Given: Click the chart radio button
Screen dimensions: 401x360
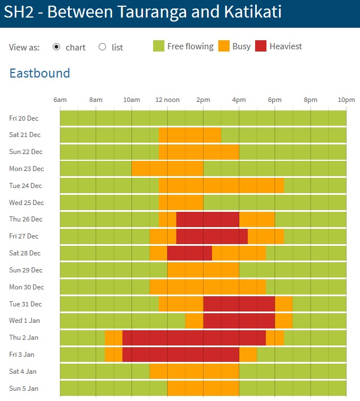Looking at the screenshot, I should coord(56,47).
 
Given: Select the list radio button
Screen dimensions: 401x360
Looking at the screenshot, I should coord(103,47).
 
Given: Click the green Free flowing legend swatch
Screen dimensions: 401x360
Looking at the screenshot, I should coord(159,46).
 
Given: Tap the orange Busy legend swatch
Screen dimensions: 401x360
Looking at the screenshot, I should coord(223,46).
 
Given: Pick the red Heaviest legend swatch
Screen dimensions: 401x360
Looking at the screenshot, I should coord(261,46).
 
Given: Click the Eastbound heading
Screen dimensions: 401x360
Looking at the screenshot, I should coord(40,73).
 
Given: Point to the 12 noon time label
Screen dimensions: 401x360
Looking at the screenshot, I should coord(167,100).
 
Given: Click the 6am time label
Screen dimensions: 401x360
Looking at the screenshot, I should coord(60,100).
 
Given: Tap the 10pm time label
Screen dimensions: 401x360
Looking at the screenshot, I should coord(346,100).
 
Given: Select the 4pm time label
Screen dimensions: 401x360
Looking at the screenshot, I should coord(239,100).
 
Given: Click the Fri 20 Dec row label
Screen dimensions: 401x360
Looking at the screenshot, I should coord(24,118).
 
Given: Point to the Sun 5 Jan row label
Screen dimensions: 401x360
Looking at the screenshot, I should coord(24,388).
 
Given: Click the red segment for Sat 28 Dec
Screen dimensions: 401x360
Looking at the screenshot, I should coord(189,253).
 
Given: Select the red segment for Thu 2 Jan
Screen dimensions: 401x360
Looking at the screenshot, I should coord(194,338).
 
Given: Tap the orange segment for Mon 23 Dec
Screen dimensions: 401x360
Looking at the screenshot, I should coord(167,169).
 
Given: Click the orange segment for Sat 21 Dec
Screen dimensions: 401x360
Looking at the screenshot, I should coord(190,135).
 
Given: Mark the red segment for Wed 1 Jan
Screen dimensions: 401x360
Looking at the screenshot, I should coord(239,321).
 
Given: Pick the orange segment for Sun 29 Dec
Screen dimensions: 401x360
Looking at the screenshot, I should coord(203,270).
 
